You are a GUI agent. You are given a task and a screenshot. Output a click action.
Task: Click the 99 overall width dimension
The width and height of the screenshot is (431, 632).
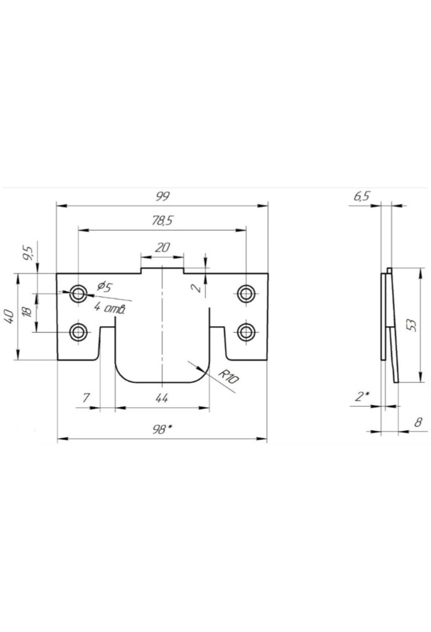click(x=162, y=196)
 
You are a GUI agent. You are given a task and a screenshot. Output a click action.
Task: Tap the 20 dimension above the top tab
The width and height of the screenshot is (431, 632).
click(x=162, y=247)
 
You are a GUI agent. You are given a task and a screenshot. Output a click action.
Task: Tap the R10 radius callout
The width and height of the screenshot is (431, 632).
click(x=228, y=377)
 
